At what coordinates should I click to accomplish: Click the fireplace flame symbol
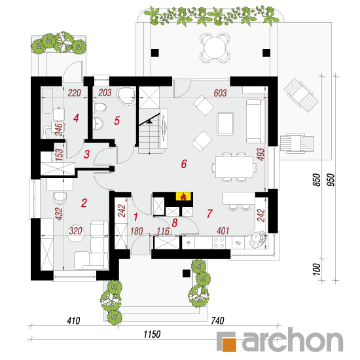tap(183, 196)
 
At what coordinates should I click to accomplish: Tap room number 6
tap(184, 164)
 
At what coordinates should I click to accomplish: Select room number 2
tap(84, 203)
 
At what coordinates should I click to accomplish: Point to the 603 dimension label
tap(220, 93)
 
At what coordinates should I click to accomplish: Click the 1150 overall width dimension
tap(152, 334)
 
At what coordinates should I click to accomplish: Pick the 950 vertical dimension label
tap(331, 180)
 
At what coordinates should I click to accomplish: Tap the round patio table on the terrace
tap(215, 48)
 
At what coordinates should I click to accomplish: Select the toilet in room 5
tap(100, 107)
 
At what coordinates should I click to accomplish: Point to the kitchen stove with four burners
tap(219, 243)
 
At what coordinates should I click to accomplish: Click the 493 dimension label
tap(261, 154)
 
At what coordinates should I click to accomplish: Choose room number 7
tap(209, 214)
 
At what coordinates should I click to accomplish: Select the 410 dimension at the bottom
tap(73, 321)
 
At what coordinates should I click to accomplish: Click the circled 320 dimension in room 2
tap(75, 231)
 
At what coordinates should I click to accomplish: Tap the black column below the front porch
tap(187, 273)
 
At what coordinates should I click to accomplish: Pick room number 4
tap(76, 118)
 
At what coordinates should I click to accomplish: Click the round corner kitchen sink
tap(258, 240)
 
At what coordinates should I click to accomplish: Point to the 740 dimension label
tap(217, 321)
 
